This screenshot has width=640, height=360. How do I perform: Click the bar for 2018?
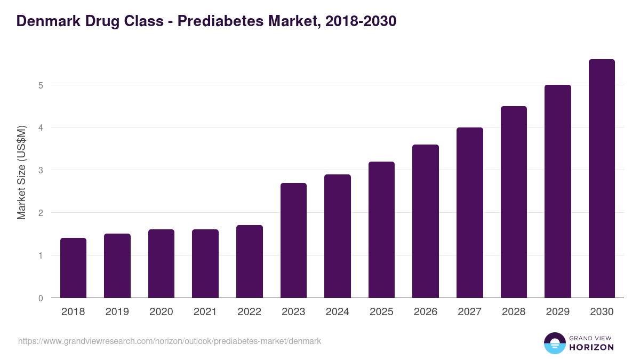[x=73, y=268]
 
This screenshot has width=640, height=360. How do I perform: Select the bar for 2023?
[x=293, y=240]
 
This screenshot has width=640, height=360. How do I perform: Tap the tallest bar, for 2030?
[x=602, y=179]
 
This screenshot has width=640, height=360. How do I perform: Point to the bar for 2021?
[x=205, y=263]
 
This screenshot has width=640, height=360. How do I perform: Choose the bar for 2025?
[x=381, y=229]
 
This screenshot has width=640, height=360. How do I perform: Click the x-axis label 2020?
[x=161, y=312]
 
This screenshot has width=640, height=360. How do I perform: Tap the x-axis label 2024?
[x=337, y=312]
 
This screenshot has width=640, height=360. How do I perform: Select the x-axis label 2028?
[x=514, y=312]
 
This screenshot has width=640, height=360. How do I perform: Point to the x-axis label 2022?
[x=249, y=312]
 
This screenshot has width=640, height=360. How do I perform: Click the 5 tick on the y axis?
[x=41, y=85]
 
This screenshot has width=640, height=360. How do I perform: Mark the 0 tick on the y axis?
[x=41, y=298]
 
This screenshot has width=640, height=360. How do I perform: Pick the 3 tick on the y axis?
[x=41, y=171]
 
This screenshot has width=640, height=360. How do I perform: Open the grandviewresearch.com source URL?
[x=170, y=341]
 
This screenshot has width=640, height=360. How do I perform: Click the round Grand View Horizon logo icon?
[x=554, y=343]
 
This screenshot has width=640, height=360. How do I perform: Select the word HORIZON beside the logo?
[x=591, y=347]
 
